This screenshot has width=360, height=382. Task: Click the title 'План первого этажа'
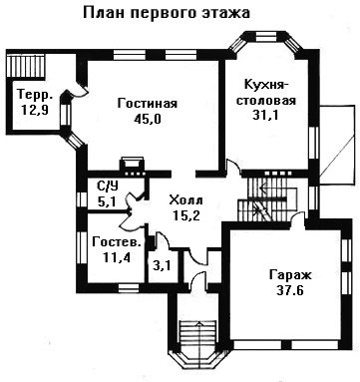click(x=166, y=13)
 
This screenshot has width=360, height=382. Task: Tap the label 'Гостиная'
click(x=148, y=104)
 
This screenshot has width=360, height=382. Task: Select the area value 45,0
click(x=148, y=119)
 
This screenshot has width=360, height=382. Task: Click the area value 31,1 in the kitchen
click(x=265, y=115)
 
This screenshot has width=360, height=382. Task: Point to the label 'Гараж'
click(x=290, y=275)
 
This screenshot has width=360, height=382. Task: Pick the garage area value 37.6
click(x=290, y=290)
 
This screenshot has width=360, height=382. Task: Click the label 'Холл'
click(x=185, y=200)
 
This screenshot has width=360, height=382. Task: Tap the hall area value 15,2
click(x=186, y=216)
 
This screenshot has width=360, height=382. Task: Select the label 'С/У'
click(x=108, y=187)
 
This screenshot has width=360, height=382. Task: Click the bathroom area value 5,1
click(x=107, y=201)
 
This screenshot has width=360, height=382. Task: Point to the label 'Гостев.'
click(x=116, y=241)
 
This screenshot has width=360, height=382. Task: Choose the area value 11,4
click(x=116, y=257)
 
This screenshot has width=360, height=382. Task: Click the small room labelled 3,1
click(x=162, y=265)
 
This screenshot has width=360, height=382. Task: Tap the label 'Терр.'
click(x=35, y=95)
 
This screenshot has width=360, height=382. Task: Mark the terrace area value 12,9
click(x=35, y=110)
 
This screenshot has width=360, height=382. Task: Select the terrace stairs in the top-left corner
click(x=25, y=67)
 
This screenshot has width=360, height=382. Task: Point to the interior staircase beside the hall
click(x=267, y=198)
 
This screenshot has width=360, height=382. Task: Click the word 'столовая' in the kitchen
click(x=266, y=101)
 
